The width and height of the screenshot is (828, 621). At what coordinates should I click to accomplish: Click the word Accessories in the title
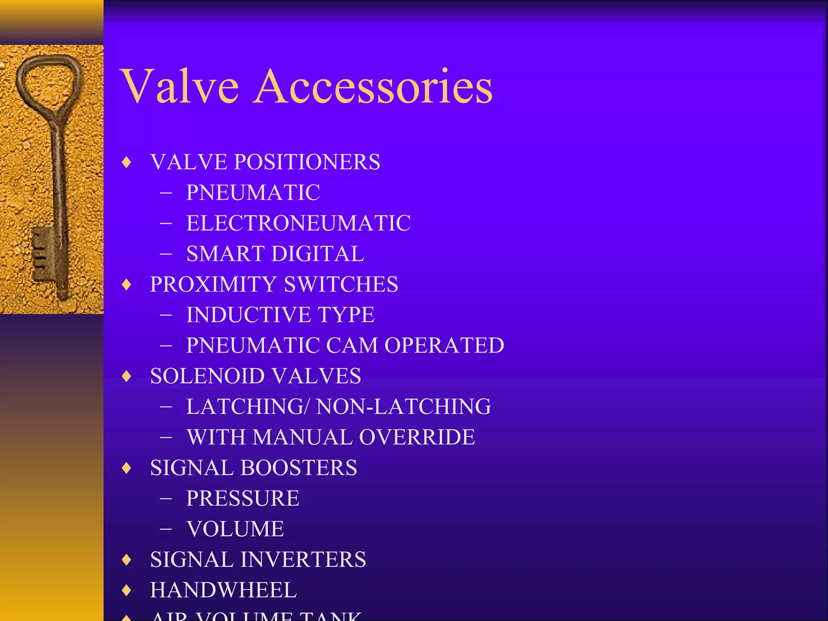coord(374,86)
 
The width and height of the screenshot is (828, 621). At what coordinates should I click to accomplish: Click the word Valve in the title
coord(180,86)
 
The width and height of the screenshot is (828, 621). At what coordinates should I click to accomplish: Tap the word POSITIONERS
coord(307,162)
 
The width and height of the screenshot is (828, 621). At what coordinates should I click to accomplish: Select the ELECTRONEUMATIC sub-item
coord(298,223)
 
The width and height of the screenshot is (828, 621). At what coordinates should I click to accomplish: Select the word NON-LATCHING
coord(403,406)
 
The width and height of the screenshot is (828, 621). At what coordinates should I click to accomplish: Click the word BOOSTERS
coord(298,467)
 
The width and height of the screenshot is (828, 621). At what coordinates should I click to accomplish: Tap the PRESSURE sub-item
coord(243,498)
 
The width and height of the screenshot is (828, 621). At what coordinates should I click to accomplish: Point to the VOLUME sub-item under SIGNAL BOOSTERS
coord(235,529)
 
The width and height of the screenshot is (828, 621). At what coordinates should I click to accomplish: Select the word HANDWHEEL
coord(223,590)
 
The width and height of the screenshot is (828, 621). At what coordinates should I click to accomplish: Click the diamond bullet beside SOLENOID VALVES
coord(127,376)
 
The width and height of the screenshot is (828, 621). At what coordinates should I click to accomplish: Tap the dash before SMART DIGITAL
coord(166,254)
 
